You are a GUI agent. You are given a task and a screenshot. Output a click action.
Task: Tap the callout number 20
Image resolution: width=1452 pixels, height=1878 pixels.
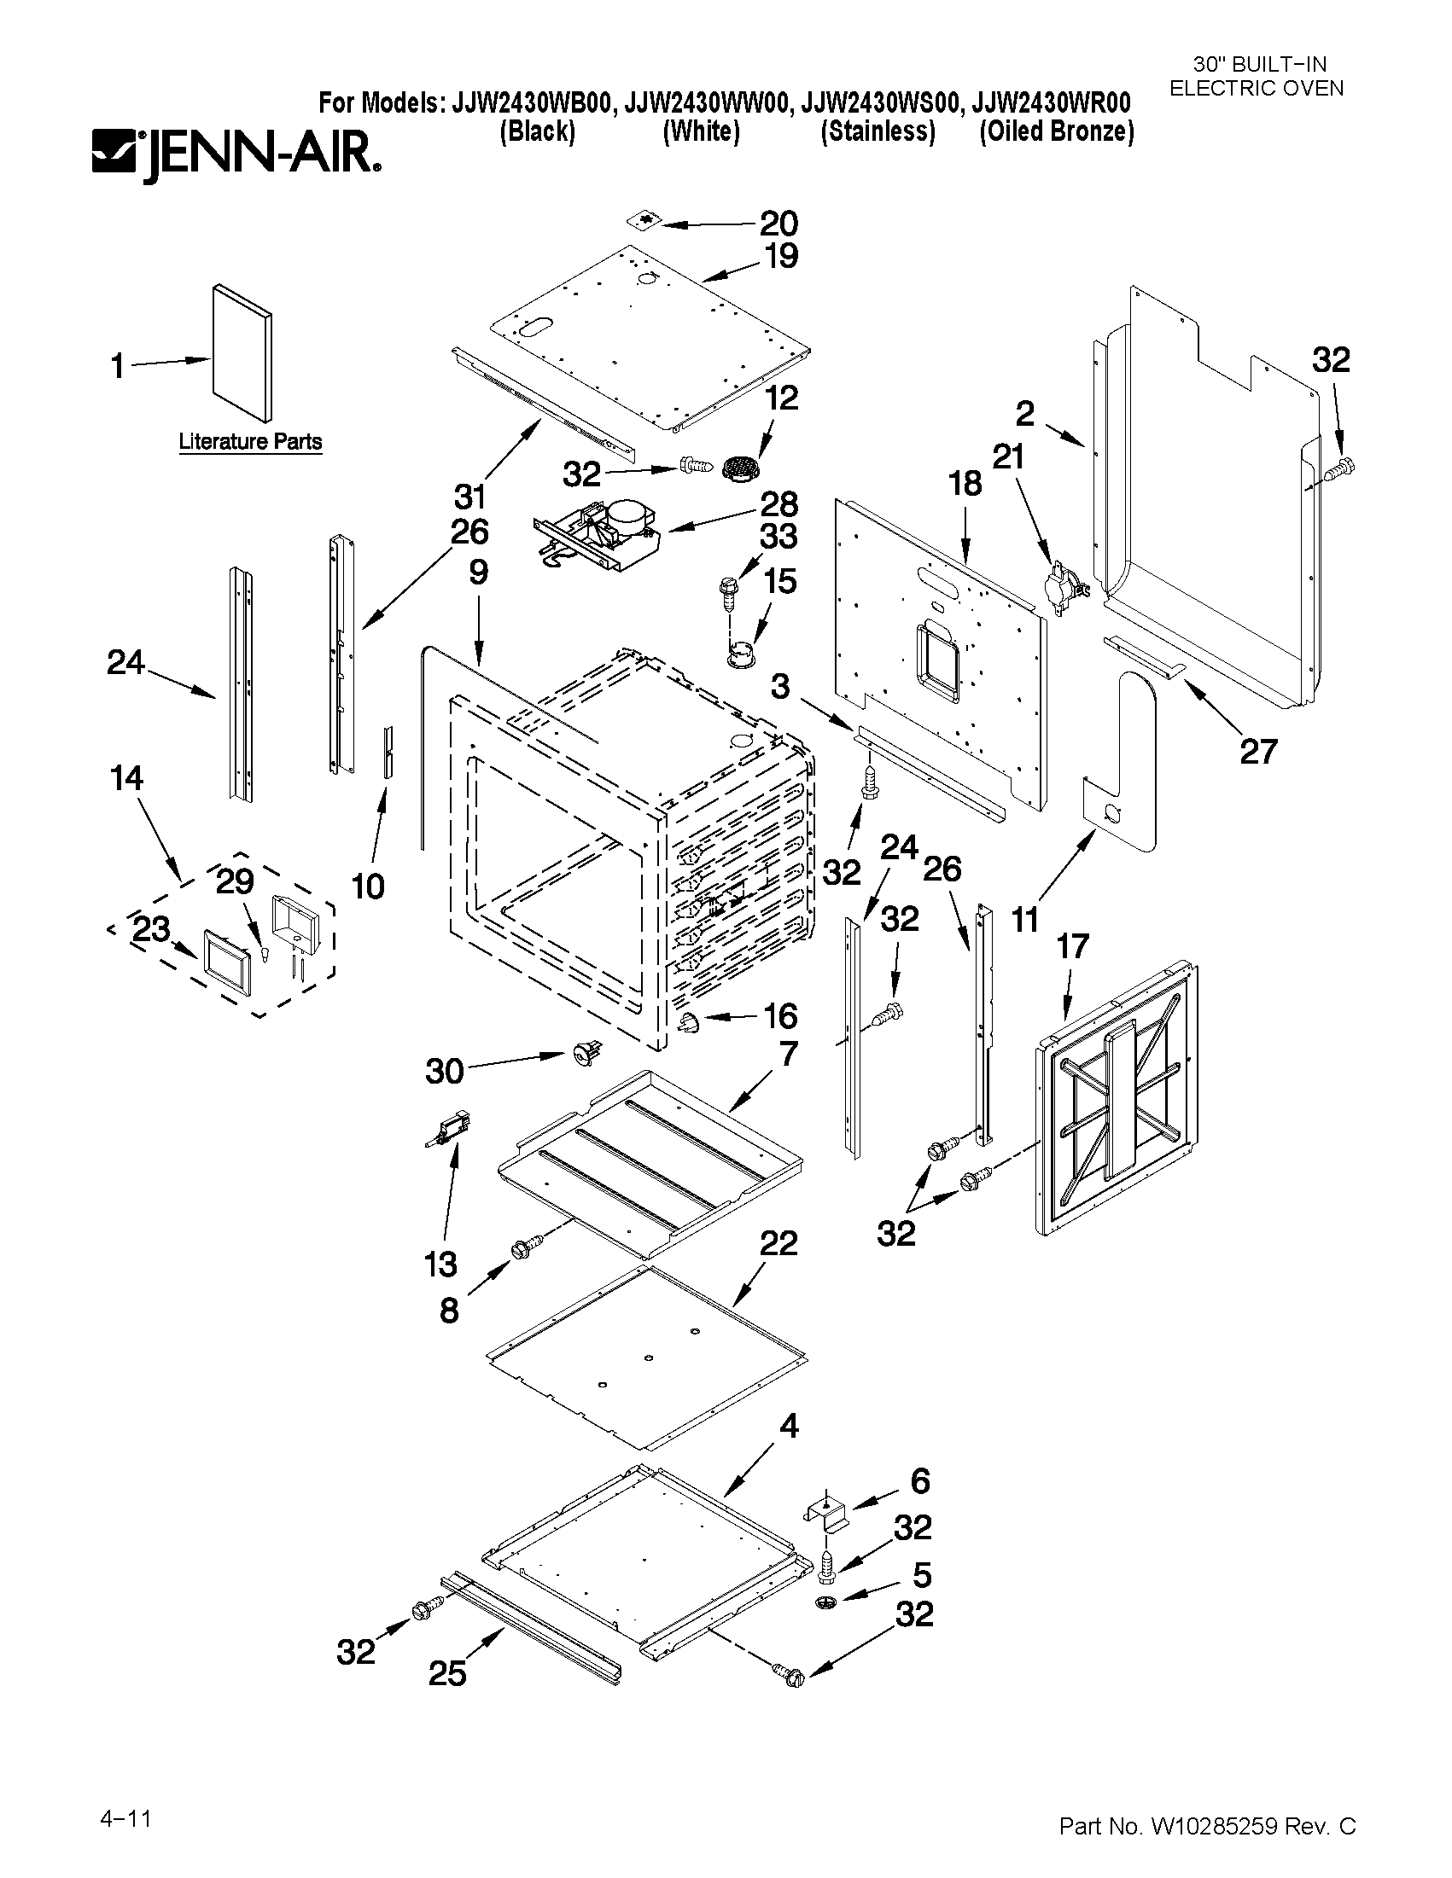click(778, 224)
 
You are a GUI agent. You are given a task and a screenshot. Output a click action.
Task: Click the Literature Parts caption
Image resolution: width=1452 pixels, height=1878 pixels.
click(250, 441)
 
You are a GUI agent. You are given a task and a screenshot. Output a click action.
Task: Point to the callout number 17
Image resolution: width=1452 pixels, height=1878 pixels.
click(1073, 947)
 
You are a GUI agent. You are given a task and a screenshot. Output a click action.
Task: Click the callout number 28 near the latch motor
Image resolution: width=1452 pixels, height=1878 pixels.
click(779, 504)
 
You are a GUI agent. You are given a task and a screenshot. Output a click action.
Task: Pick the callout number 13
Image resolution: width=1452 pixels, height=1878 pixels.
click(440, 1264)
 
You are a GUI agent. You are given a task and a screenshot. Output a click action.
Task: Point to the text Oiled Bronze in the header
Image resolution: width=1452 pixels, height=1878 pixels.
click(1056, 131)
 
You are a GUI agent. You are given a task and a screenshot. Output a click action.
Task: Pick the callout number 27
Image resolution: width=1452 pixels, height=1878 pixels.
click(1257, 753)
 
